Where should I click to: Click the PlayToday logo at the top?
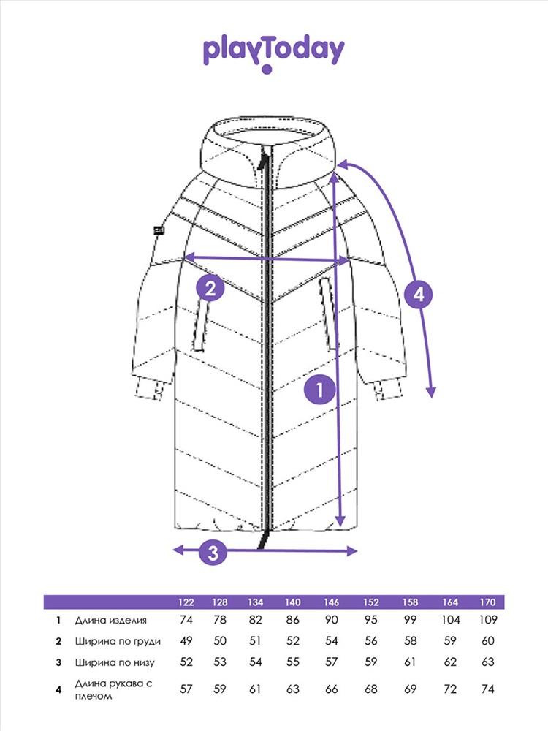click(x=273, y=53)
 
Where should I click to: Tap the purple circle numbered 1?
click(x=320, y=390)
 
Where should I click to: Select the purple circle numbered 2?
click(x=210, y=288)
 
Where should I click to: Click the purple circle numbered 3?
click(x=213, y=553)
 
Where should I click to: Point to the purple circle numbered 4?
click(x=419, y=295)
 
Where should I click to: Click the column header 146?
click(x=331, y=602)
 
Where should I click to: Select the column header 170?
click(x=488, y=602)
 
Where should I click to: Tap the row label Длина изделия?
click(x=111, y=621)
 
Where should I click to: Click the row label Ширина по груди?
click(x=118, y=642)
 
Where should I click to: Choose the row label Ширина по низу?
click(x=115, y=662)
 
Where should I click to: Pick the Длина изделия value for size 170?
click(x=488, y=620)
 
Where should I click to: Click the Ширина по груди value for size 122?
click(x=186, y=641)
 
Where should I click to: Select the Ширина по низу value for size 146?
click(x=331, y=662)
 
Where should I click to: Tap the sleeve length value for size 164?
click(x=450, y=689)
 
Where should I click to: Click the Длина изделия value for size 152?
click(x=371, y=620)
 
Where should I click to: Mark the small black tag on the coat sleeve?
click(x=159, y=230)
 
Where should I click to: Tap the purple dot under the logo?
click(x=267, y=69)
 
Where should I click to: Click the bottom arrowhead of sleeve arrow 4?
click(x=432, y=393)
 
